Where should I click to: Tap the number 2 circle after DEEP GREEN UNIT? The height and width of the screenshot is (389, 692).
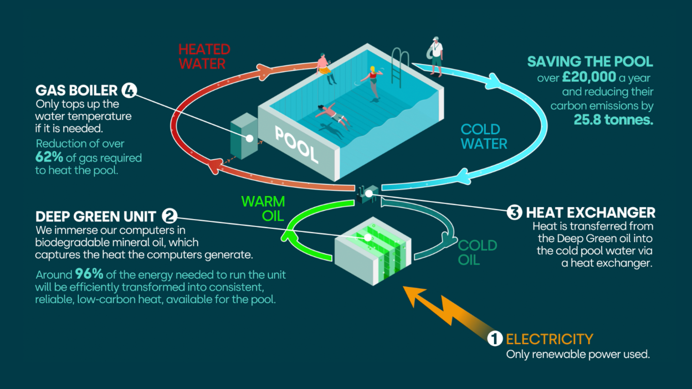click(170, 216)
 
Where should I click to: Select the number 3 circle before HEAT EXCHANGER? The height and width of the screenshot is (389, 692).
click(514, 213)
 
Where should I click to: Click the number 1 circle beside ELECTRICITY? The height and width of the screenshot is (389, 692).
click(495, 339)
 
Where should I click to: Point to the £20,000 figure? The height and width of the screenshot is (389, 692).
click(589, 77)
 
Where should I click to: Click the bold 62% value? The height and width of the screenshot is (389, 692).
click(49, 157)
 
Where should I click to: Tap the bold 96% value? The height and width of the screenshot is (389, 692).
click(89, 274)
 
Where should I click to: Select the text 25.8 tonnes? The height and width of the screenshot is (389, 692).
click(613, 120)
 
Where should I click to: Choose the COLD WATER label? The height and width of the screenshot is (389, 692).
click(483, 137)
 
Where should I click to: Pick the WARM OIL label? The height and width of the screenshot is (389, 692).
click(263, 208)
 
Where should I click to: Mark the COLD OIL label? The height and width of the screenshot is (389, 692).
click(477, 252)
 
